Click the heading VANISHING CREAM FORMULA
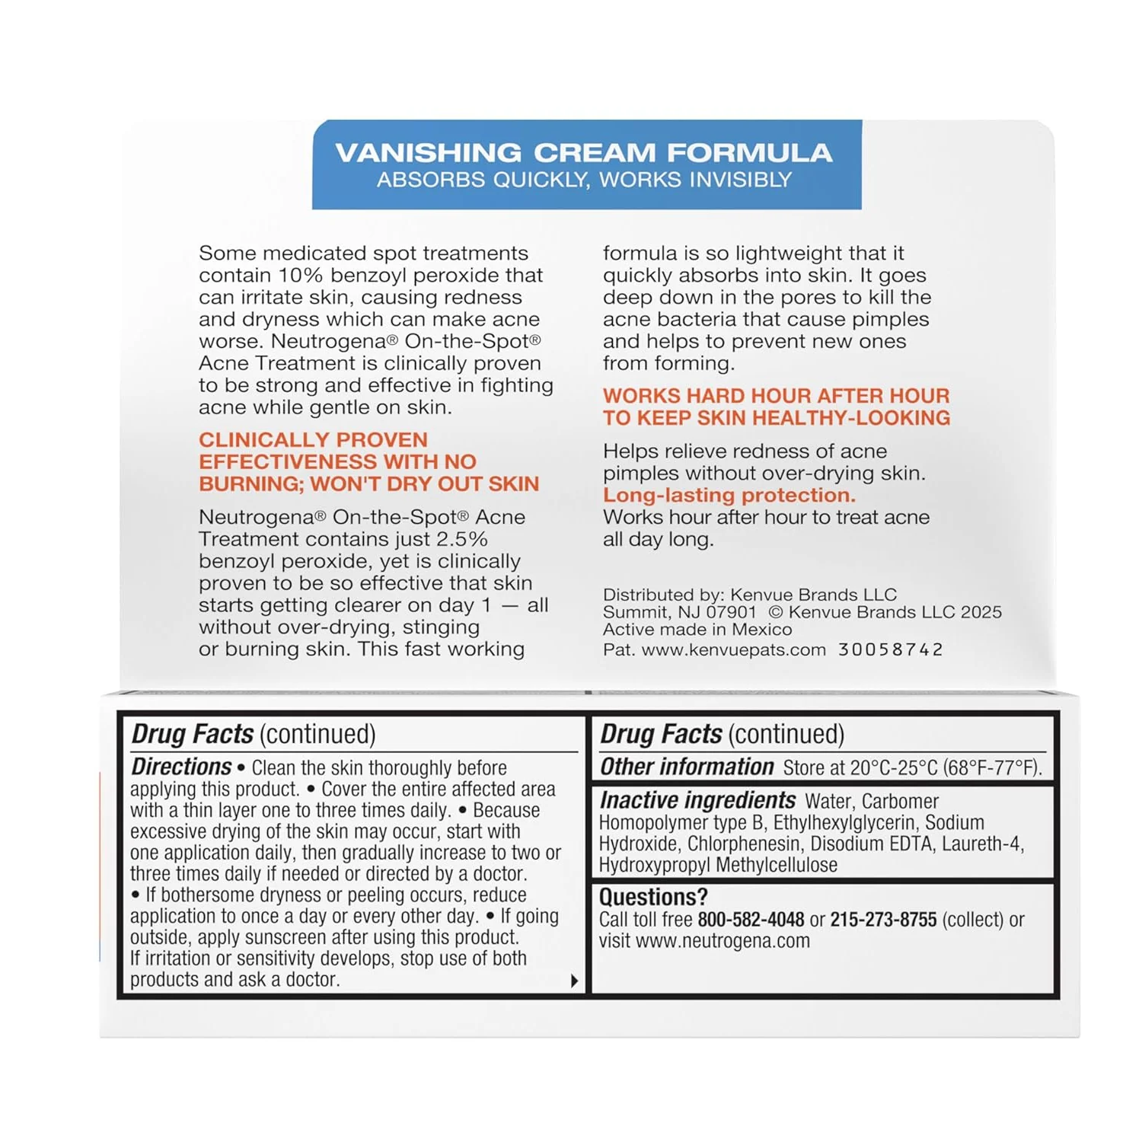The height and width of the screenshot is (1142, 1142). click(x=584, y=152)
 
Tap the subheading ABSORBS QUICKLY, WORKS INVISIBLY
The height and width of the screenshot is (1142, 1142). click(x=584, y=180)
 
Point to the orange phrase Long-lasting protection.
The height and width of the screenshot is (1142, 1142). click(x=729, y=495)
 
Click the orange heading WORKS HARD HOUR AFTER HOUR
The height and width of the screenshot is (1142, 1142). click(x=776, y=396)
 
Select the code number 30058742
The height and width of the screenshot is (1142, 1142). click(x=890, y=649)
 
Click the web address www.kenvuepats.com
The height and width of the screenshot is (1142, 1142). click(x=733, y=649)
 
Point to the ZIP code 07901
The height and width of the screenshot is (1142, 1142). click(x=731, y=612)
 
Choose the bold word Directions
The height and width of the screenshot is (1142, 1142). click(x=181, y=767)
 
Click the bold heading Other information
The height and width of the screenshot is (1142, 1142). click(x=687, y=767)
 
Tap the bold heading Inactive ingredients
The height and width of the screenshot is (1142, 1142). click(x=697, y=800)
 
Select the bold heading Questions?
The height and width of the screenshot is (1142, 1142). click(x=653, y=897)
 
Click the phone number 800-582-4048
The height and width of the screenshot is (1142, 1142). click(x=751, y=920)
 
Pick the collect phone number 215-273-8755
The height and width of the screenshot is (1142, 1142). click(x=883, y=920)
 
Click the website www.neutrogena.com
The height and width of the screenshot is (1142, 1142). click(x=723, y=941)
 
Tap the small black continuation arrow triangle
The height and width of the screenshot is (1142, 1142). click(x=574, y=981)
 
